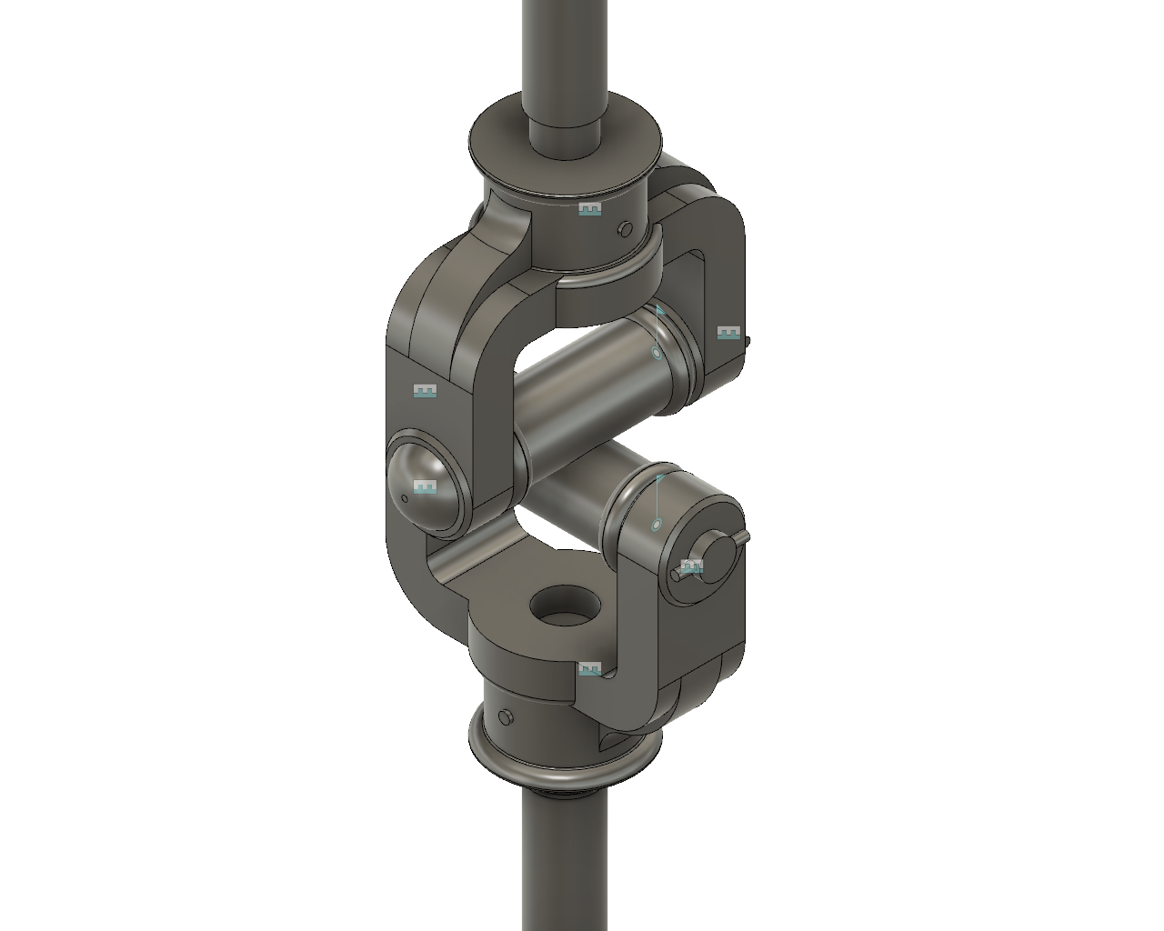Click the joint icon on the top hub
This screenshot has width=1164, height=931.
tap(589, 209)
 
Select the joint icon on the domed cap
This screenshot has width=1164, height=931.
tap(425, 487)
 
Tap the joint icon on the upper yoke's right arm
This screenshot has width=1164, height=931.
tap(728, 333)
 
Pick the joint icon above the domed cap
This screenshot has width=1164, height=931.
tap(425, 391)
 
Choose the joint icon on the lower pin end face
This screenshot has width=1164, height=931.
tap(692, 567)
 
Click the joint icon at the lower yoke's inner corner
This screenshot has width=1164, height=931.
tap(589, 669)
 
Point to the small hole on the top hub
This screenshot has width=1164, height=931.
tap(624, 229)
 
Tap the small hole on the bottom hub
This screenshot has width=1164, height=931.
tap(506, 719)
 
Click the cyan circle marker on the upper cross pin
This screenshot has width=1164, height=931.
tap(657, 353)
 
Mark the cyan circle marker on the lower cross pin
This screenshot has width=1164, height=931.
tap(657, 525)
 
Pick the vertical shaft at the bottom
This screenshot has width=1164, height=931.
tap(565, 864)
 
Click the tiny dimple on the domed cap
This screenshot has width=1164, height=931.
tap(405, 497)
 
